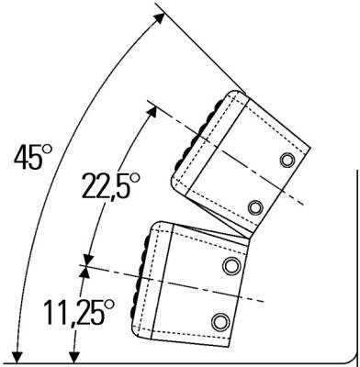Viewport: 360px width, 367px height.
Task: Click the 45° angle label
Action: (x=33, y=157)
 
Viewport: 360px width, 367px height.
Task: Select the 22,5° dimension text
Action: (x=110, y=185)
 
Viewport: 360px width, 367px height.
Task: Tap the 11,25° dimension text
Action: (x=79, y=313)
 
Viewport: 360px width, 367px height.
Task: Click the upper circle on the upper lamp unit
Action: (x=287, y=160)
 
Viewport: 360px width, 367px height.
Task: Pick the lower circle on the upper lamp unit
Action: (x=255, y=207)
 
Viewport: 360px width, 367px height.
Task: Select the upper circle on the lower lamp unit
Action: (x=231, y=265)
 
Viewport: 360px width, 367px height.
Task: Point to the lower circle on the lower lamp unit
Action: (x=220, y=322)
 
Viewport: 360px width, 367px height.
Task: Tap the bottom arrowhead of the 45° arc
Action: (x=17, y=357)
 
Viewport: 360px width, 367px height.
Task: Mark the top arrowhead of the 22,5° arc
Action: (x=152, y=111)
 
